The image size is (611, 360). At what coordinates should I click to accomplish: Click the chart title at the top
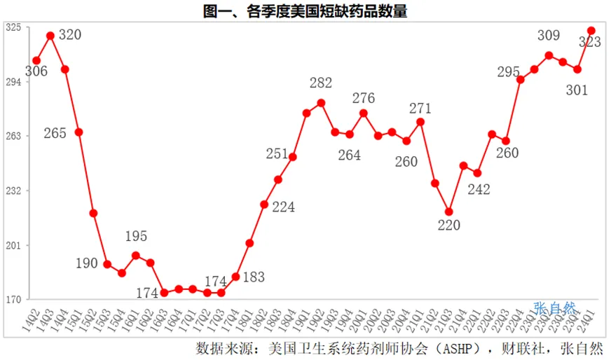click(305, 10)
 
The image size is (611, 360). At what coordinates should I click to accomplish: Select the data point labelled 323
click(591, 31)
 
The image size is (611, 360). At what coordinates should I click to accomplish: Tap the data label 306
click(36, 71)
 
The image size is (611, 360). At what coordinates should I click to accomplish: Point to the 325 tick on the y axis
click(13, 27)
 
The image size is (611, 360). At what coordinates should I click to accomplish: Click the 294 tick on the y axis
click(13, 81)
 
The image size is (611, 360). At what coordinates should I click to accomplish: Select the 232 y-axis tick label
click(13, 191)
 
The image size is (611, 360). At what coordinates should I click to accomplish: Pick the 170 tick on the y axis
click(13, 300)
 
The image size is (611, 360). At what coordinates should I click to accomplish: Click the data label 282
click(321, 83)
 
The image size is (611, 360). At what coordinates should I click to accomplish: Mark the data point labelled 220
click(449, 212)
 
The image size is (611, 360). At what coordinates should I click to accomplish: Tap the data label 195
click(136, 237)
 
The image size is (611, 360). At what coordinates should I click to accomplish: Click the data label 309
click(549, 35)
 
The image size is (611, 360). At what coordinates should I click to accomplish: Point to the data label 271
click(420, 108)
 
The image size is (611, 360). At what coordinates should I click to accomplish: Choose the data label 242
click(479, 189)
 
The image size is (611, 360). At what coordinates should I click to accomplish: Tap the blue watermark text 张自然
click(554, 307)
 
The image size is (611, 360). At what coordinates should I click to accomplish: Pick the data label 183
click(254, 277)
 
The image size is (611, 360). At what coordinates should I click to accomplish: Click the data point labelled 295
click(520, 80)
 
